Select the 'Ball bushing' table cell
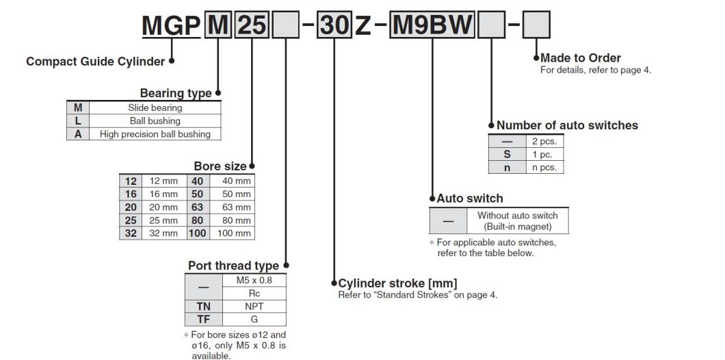pos(155,121)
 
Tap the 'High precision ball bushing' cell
pos(155,134)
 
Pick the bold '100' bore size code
pos(197,233)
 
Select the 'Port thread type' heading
pos(233,266)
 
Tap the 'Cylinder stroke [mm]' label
pos(397,283)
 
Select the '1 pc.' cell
pos(544,155)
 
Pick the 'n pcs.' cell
pos(544,167)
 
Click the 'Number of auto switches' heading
pos(567,125)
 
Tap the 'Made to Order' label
pos(581,58)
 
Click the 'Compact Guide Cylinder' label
pos(95,62)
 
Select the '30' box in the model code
pos(334,27)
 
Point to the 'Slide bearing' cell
pos(155,107)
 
